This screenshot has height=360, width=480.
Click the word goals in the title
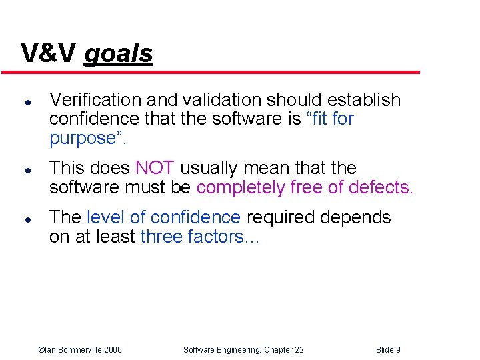(119, 53)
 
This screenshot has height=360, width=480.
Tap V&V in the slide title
(49, 53)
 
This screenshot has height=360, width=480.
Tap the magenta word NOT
(155, 168)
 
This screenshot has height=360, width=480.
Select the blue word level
(105, 217)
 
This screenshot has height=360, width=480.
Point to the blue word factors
(217, 237)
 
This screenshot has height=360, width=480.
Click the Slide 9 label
(388, 349)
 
